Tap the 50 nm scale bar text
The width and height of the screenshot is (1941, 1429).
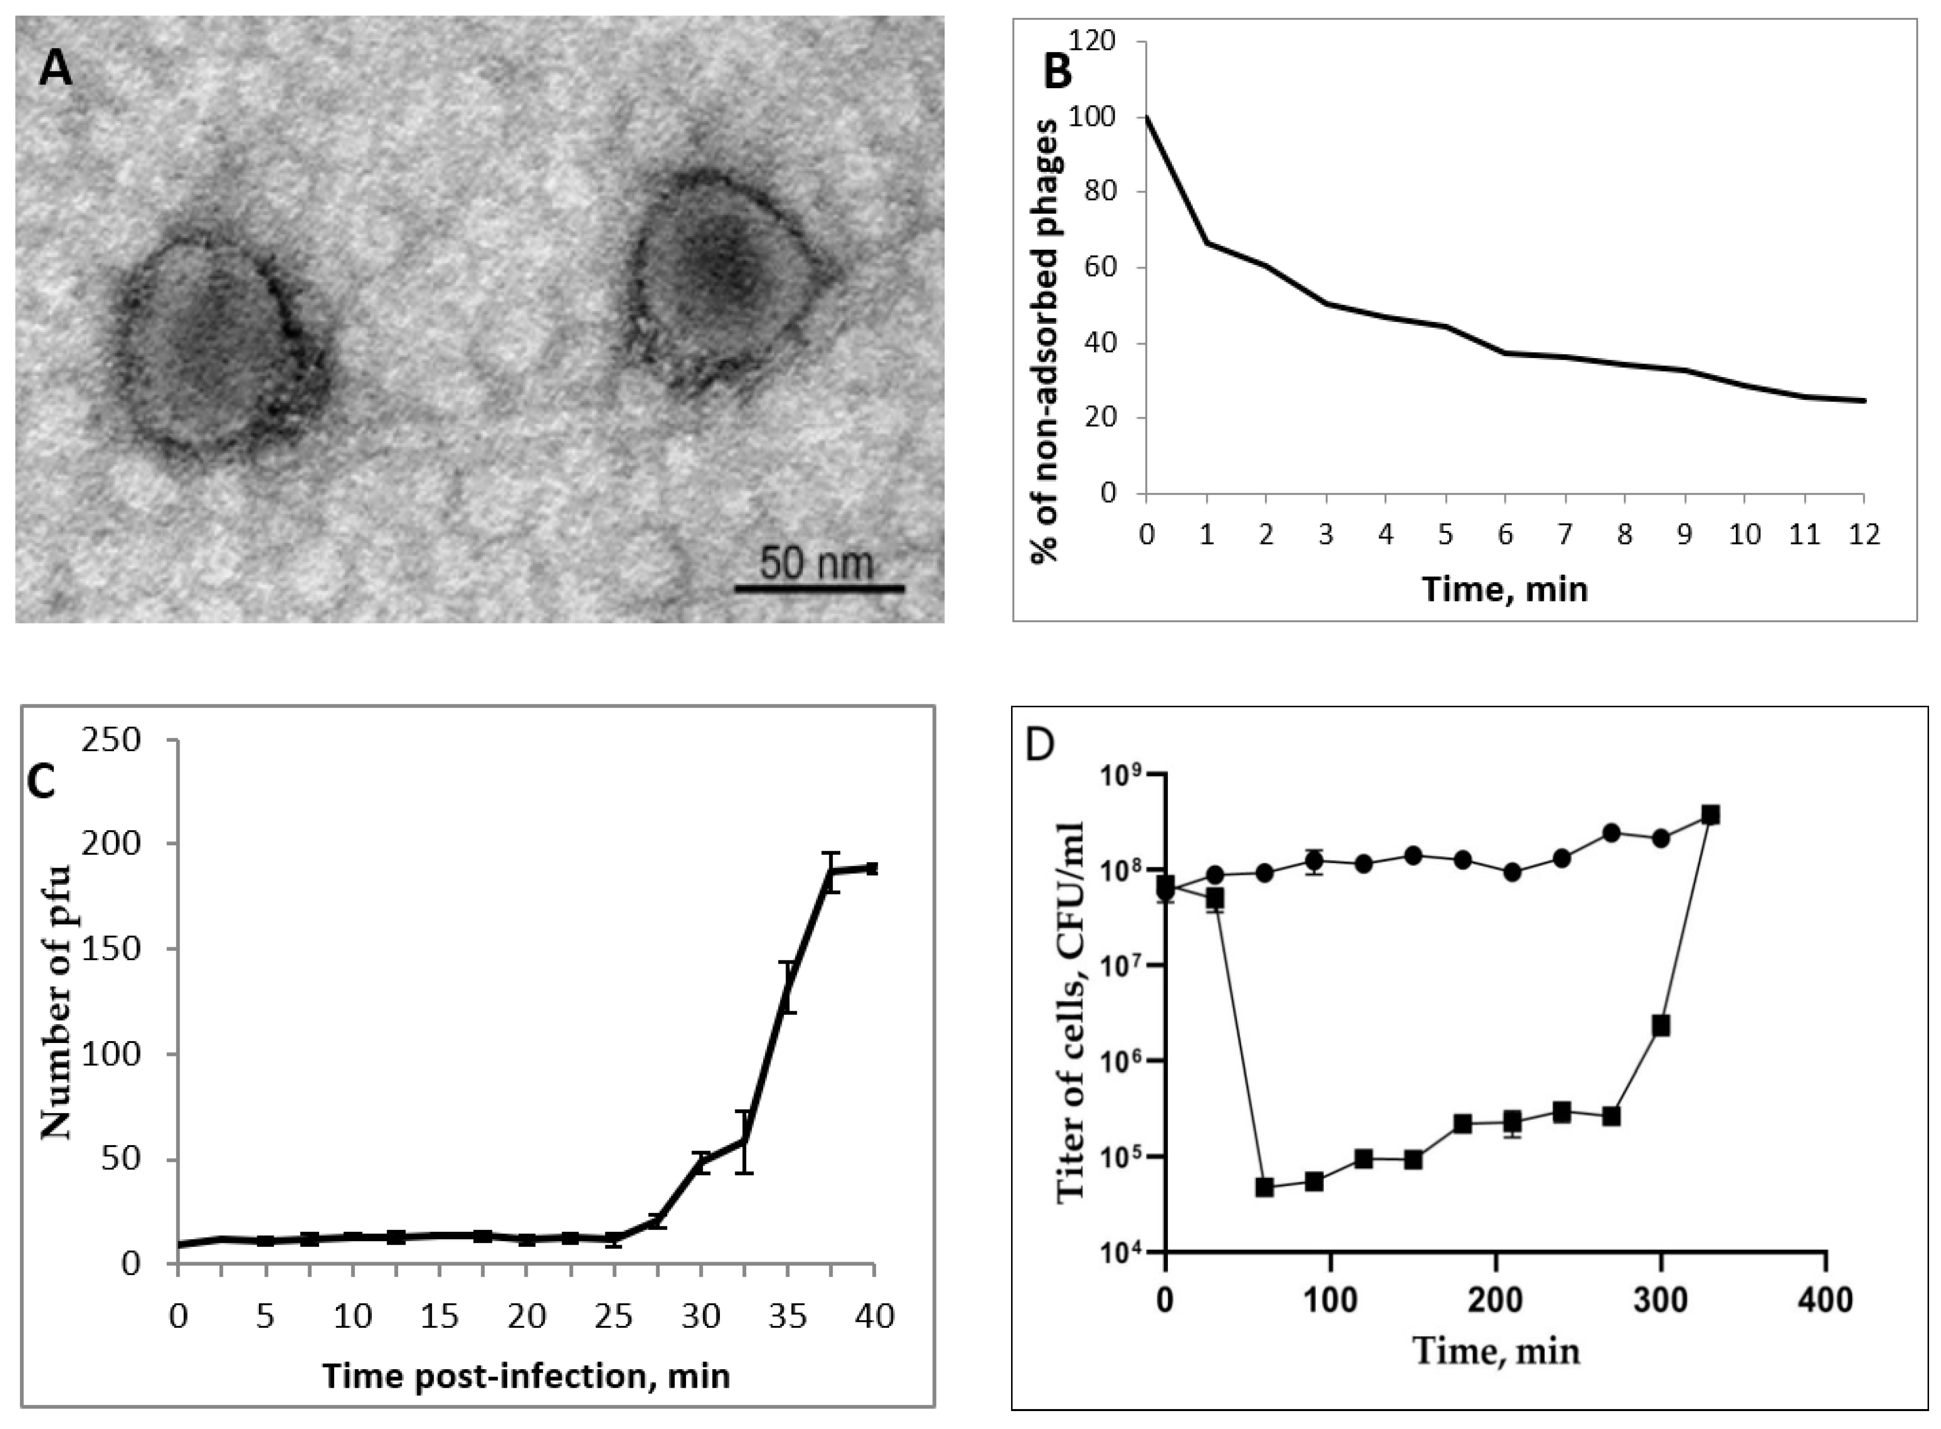(817, 563)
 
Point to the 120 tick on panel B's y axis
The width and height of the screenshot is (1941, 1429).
(1093, 41)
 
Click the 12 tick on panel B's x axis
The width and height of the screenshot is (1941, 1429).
(1864, 534)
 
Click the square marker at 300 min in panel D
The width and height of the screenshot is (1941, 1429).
(1660, 1026)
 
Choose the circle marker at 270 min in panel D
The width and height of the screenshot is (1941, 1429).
(1611, 832)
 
